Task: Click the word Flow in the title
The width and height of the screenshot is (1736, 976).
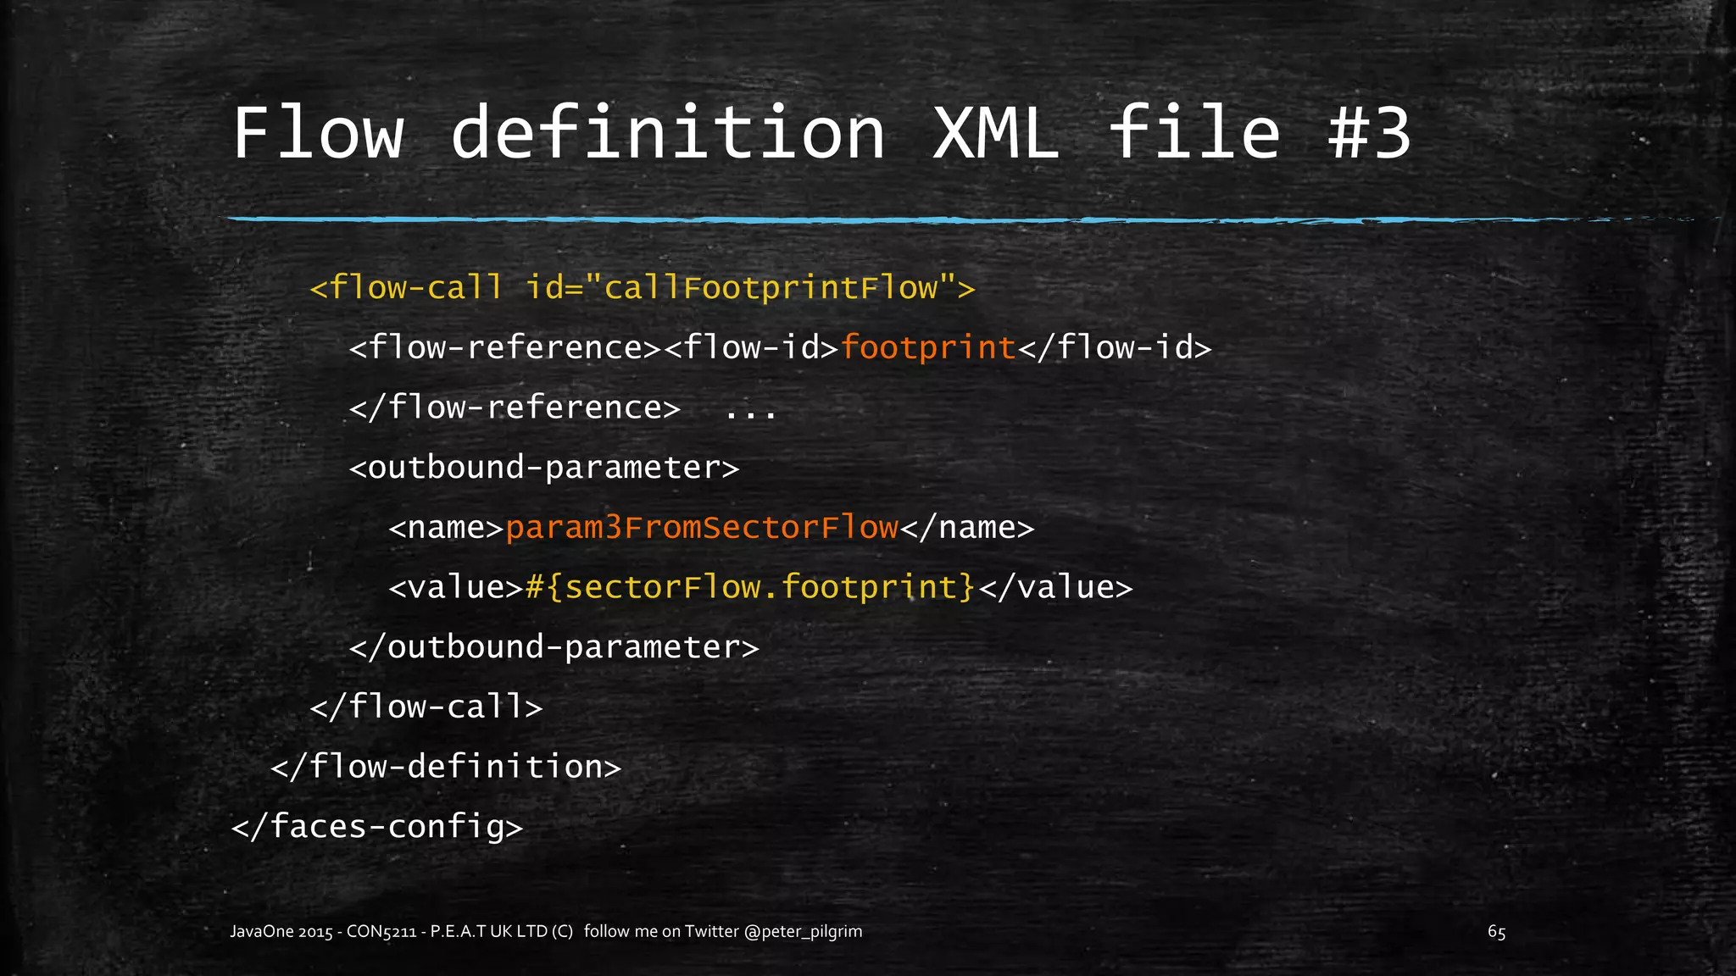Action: coord(318,133)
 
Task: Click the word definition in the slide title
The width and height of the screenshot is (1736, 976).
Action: coord(668,133)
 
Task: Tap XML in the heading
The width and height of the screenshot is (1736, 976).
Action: coord(996,133)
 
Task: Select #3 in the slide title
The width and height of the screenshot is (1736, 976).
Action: coord(1369,133)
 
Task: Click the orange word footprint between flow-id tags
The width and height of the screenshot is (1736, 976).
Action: coord(928,347)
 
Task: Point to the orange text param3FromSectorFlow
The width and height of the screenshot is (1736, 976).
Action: coord(702,528)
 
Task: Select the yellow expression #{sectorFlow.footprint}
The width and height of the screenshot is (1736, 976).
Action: coord(750,587)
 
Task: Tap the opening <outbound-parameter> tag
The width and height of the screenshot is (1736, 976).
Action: coord(544,468)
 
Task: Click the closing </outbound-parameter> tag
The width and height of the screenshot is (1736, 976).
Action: coord(554,647)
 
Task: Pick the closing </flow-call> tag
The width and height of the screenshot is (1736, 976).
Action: coord(426,707)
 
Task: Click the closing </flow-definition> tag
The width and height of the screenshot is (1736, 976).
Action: coord(446,767)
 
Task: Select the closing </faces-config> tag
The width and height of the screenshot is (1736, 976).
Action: coord(377,826)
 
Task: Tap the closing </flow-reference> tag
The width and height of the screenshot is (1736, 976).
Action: coord(515,408)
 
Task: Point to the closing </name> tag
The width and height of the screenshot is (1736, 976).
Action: coord(967,528)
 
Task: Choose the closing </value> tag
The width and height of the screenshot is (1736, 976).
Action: coord(1056,587)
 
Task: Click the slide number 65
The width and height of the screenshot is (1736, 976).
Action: coord(1496,932)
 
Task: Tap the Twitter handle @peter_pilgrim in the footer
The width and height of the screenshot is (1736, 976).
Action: coord(803,932)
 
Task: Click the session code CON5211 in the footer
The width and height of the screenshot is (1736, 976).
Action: coord(381,932)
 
